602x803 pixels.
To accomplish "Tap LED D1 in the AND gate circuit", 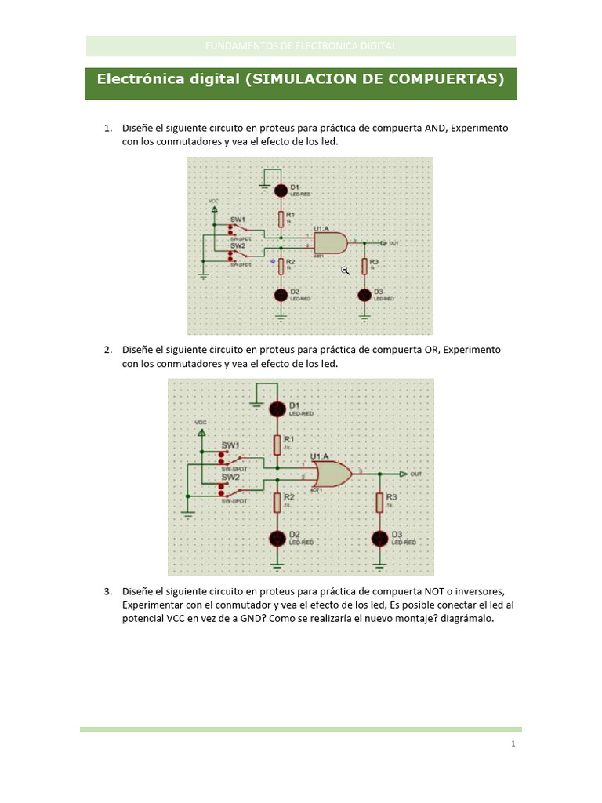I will (x=281, y=190).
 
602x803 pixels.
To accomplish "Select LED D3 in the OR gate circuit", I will (x=379, y=538).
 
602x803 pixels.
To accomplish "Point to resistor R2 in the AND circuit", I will (x=281, y=266).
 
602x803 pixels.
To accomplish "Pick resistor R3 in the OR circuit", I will (x=379, y=502).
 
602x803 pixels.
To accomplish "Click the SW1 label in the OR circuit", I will (x=230, y=445).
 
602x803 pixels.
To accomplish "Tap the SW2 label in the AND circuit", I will (x=238, y=245).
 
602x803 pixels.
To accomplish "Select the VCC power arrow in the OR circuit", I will (x=202, y=431).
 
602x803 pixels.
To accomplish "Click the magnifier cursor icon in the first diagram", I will (x=345, y=270).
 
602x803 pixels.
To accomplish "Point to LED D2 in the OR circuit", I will (x=277, y=538).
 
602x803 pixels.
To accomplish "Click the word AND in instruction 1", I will (x=435, y=128).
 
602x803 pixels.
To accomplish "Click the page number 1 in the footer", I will (x=513, y=743).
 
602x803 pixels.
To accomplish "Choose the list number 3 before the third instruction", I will (x=107, y=590).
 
